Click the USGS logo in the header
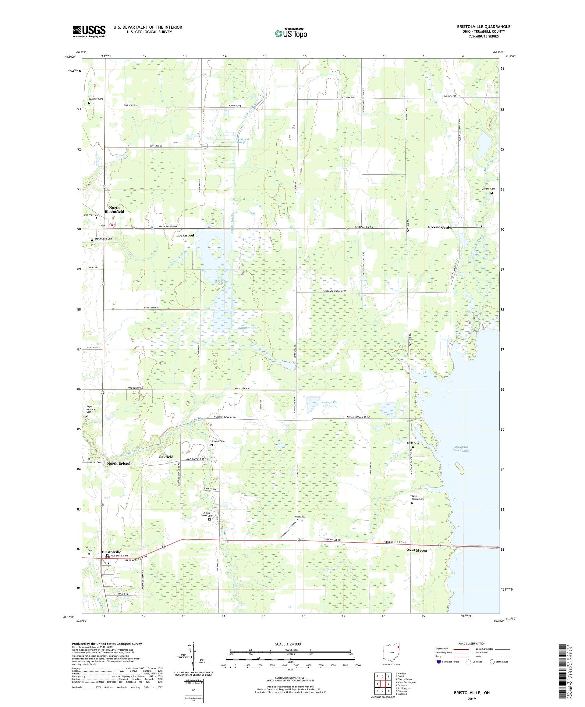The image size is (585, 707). tap(89, 32)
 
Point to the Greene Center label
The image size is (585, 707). tap(440, 227)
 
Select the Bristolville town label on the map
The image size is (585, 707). tap(112, 552)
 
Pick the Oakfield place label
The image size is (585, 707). tap(166, 457)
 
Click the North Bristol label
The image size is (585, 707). tap(119, 463)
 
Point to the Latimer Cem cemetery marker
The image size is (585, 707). tap(89, 103)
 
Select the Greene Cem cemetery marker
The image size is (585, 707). tap(491, 193)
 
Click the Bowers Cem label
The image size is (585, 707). tap(218, 441)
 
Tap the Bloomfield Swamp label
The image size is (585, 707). tap(242, 140)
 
